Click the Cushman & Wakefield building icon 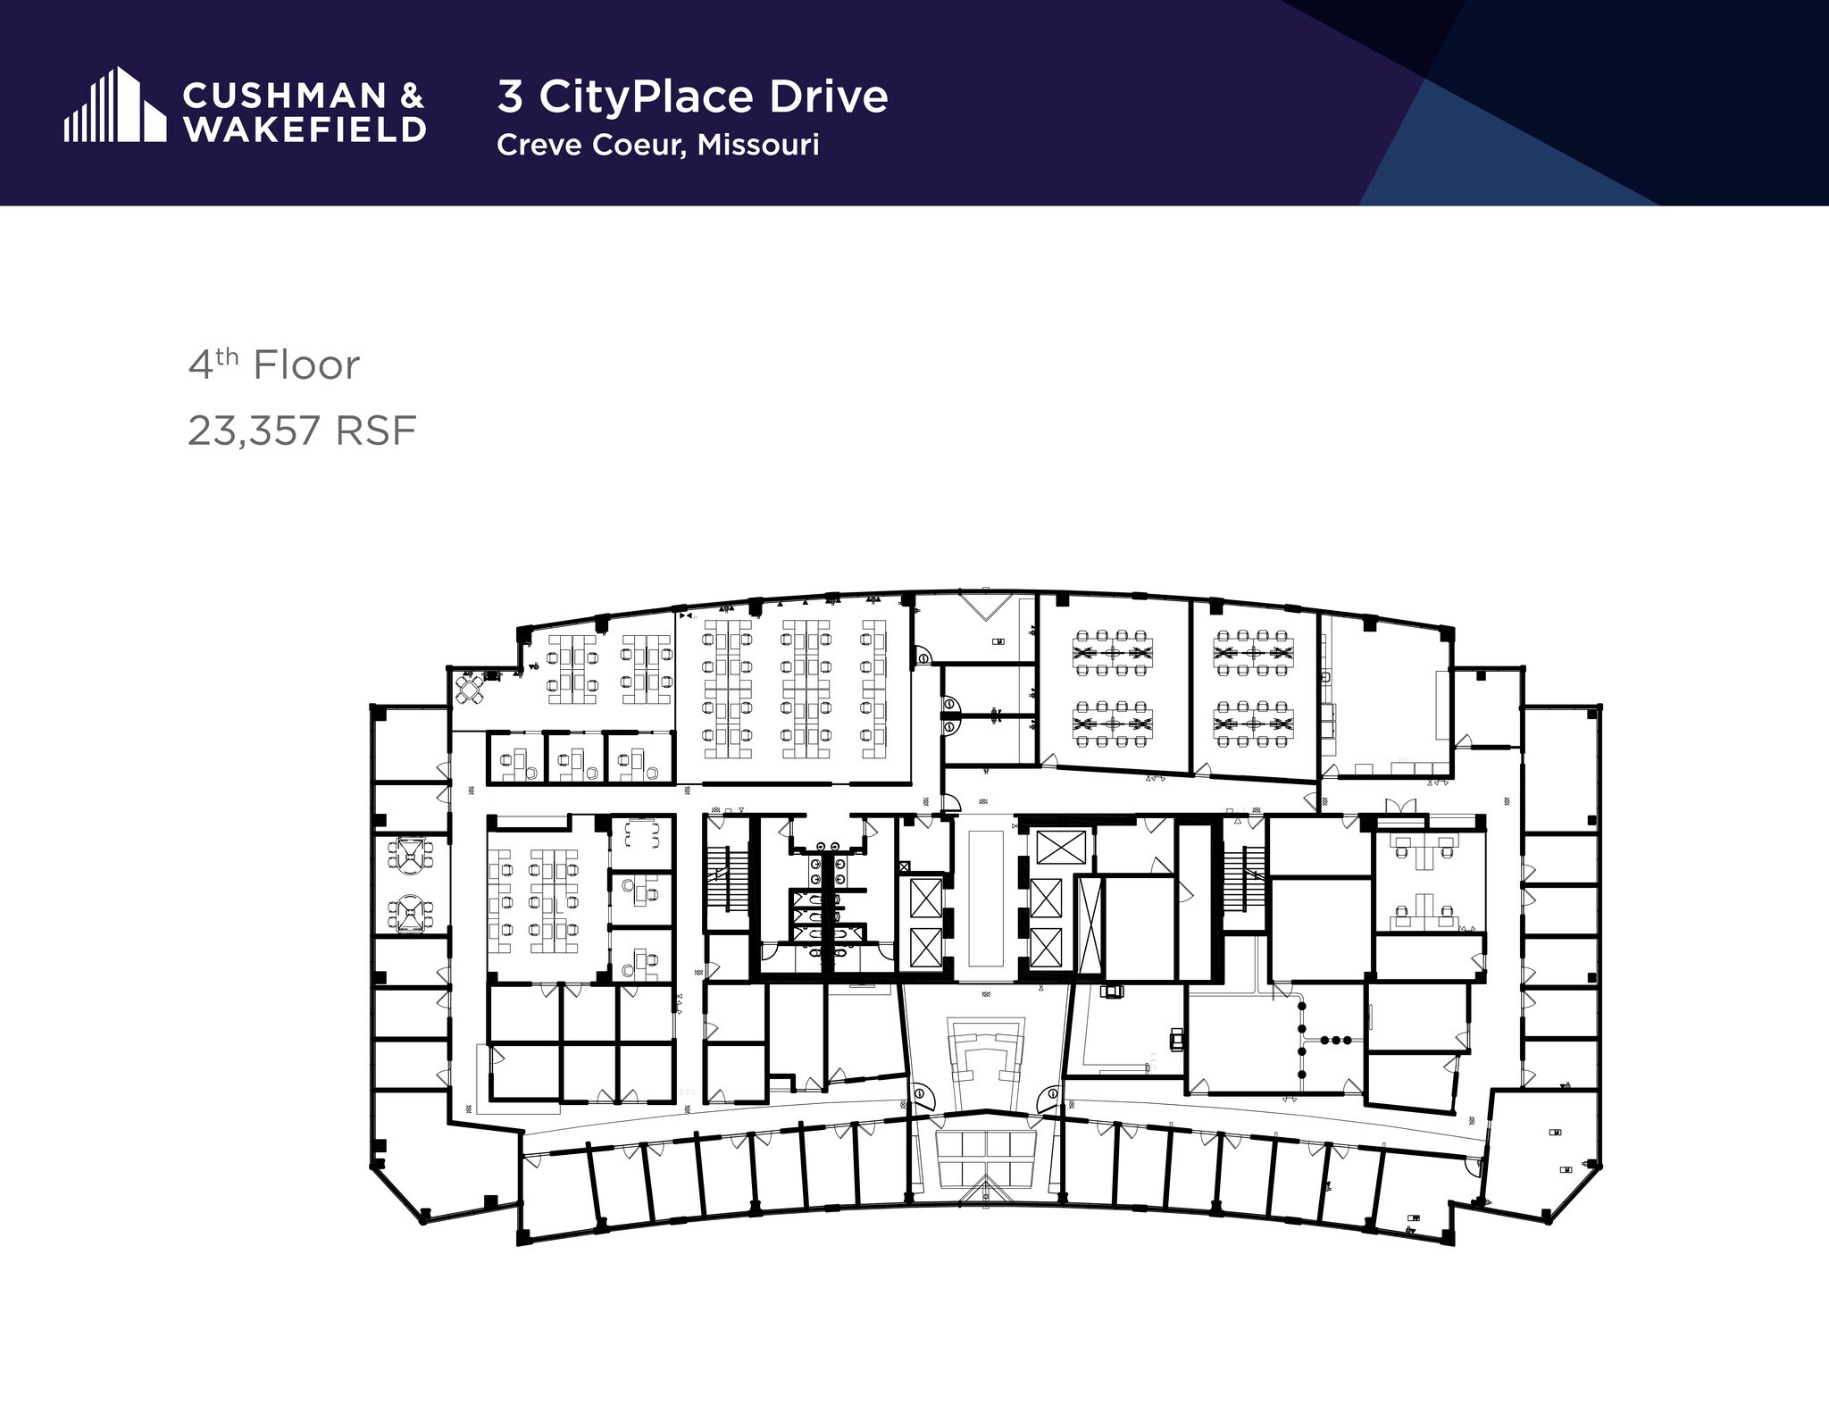tap(114, 105)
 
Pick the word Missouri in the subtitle tap(758, 145)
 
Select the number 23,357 tap(254, 431)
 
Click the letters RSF tap(375, 431)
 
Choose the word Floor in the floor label tap(305, 365)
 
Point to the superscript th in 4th tap(228, 356)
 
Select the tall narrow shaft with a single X tap(1089, 925)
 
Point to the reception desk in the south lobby tap(985, 1054)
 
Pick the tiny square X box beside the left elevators tap(904, 866)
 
